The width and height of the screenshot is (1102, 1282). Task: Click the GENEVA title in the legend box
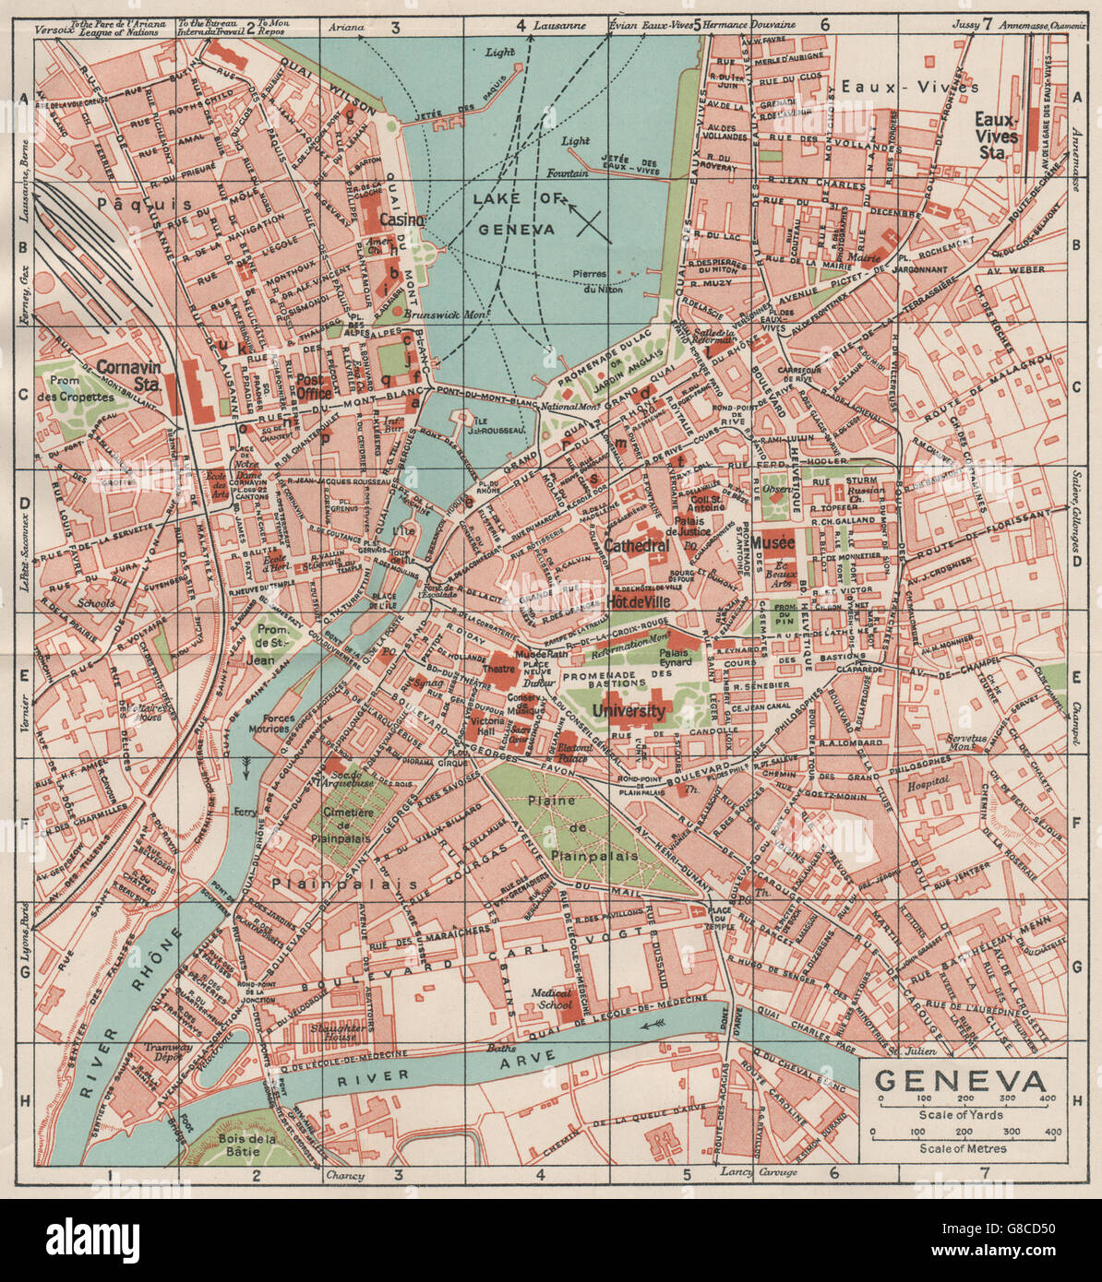click(x=960, y=1080)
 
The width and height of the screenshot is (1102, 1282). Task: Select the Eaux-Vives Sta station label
click(x=996, y=128)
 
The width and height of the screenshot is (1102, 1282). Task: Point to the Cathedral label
click(x=637, y=546)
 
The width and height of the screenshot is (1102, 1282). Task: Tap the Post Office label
click(x=314, y=386)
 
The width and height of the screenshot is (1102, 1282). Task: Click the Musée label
click(x=773, y=543)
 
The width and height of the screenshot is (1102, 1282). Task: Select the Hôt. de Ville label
click(x=636, y=601)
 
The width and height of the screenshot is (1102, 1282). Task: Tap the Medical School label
click(x=553, y=999)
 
